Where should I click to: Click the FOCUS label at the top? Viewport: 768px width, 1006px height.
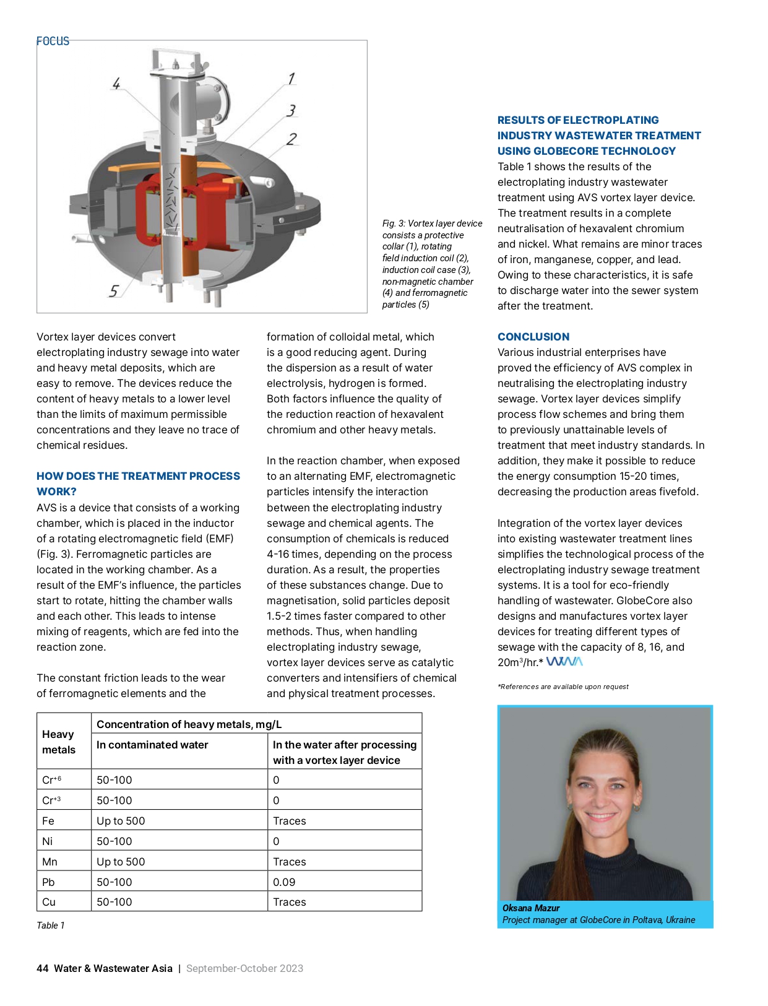[x=53, y=41]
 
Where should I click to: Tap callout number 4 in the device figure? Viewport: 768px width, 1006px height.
[x=116, y=83]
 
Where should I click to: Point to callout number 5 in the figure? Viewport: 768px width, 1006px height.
[x=114, y=290]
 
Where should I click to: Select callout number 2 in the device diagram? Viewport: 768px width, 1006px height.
[x=291, y=139]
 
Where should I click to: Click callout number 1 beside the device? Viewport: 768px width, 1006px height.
[x=291, y=79]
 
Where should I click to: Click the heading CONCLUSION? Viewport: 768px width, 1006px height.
[x=533, y=337]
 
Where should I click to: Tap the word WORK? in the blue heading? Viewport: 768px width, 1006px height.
[x=56, y=492]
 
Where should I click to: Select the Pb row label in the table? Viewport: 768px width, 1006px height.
[x=48, y=882]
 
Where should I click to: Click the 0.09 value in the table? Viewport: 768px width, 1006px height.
[x=284, y=882]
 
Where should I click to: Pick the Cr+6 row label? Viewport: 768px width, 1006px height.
[x=51, y=780]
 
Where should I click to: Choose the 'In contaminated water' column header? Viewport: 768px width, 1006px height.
[x=152, y=745]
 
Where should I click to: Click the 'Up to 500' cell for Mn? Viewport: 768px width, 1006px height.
[x=121, y=861]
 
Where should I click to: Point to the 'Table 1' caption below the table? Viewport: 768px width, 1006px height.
[x=50, y=926]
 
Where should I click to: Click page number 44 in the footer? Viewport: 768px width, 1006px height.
[x=42, y=968]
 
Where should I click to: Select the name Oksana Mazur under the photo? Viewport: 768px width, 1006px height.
[x=530, y=908]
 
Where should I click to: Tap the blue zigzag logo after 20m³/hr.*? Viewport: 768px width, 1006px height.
[x=564, y=662]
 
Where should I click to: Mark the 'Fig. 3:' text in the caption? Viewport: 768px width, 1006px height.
[x=394, y=223]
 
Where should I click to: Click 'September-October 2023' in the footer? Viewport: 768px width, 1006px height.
[x=244, y=968]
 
